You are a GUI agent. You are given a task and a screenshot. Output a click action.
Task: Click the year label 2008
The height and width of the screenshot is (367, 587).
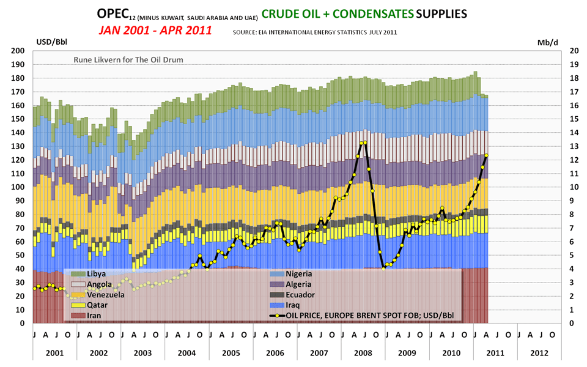point(363,354)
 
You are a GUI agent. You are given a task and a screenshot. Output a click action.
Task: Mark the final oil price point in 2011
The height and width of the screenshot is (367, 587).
point(486,155)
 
